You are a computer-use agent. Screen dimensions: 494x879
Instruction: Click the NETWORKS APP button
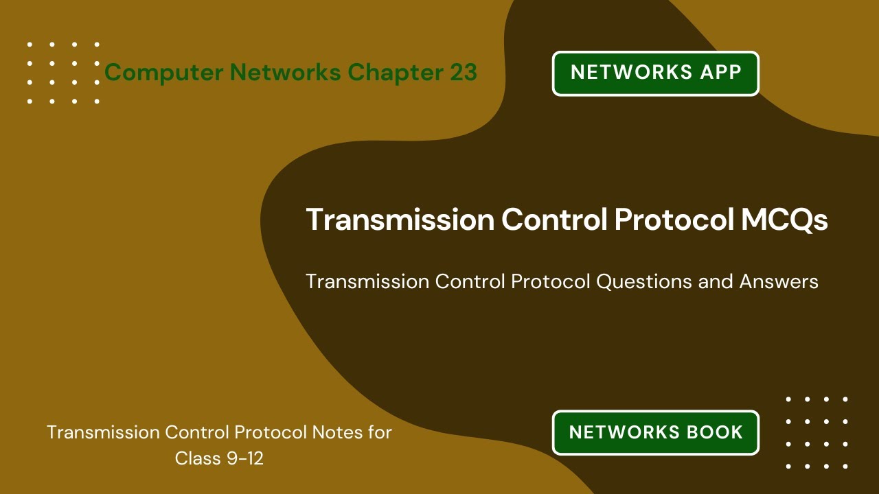pos(656,73)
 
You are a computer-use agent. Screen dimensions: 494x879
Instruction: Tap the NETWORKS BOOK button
pos(656,432)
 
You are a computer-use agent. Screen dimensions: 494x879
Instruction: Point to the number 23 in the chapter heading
pos(464,72)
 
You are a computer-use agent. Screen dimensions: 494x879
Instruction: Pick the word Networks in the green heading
pos(286,72)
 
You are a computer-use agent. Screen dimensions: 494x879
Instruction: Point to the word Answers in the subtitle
pos(779,281)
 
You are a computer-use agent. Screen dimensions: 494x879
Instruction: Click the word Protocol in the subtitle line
pos(549,281)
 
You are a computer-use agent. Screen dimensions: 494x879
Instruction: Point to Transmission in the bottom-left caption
pos(103,432)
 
